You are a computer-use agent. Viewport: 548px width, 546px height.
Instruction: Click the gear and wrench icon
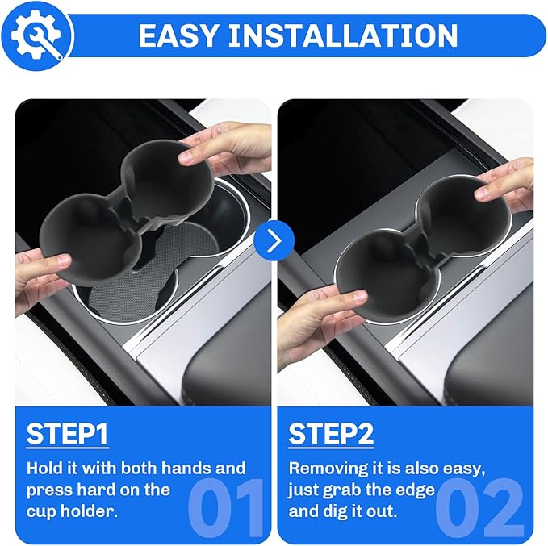tap(36, 35)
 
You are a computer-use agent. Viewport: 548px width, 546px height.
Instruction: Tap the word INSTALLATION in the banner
tap(354, 35)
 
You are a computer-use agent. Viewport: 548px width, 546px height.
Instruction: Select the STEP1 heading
tap(68, 434)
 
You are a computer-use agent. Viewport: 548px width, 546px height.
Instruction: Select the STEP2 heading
tap(331, 434)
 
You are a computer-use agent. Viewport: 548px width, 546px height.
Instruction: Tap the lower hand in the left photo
tap(36, 274)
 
